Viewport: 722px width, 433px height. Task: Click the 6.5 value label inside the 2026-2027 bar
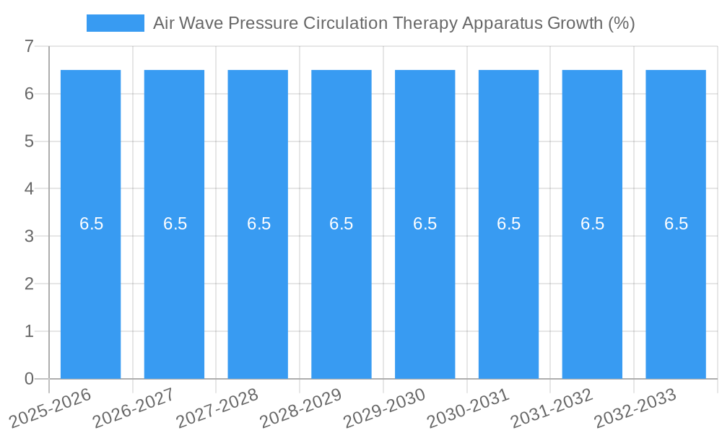(175, 224)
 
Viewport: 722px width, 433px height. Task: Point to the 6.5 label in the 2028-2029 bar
(342, 224)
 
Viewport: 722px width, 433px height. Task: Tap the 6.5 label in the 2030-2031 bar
(508, 224)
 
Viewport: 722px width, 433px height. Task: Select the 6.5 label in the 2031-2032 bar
(592, 224)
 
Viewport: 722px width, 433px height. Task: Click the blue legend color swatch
(115, 23)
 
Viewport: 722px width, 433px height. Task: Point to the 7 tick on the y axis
(29, 47)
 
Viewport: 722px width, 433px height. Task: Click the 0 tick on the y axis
(29, 379)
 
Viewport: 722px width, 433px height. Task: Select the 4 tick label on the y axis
(29, 189)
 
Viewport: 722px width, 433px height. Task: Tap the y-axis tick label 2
(29, 284)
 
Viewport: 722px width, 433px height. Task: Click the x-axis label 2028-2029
(302, 408)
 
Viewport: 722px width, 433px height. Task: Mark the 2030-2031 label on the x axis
(469, 408)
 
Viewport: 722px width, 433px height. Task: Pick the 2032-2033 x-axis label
(636, 408)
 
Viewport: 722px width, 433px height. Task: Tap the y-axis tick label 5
(29, 141)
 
